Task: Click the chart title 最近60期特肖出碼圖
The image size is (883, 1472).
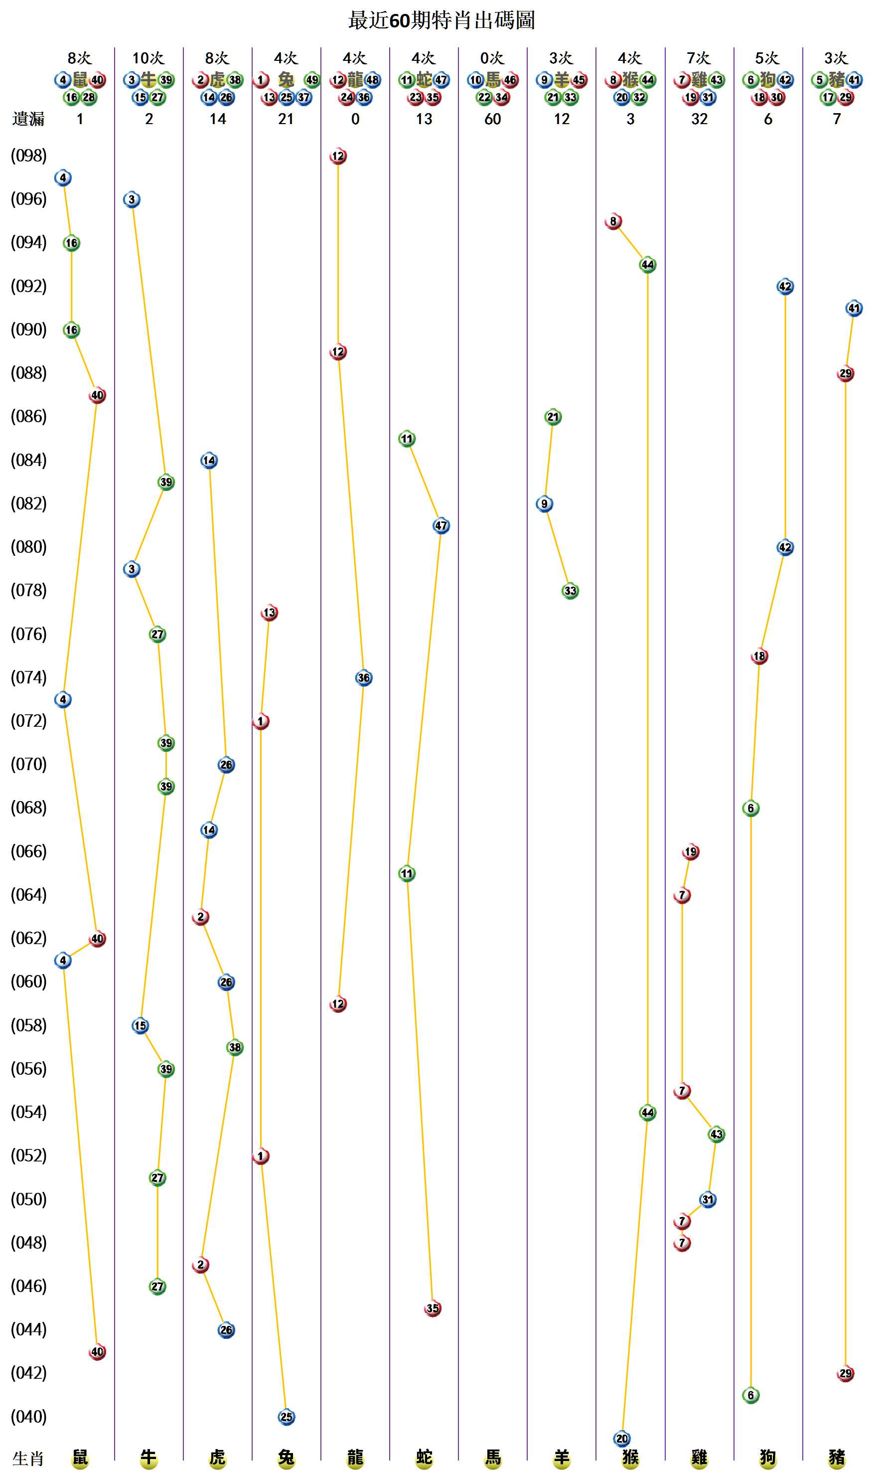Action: click(x=441, y=20)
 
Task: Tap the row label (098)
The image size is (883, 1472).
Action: click(x=28, y=156)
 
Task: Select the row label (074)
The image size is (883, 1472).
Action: click(x=28, y=677)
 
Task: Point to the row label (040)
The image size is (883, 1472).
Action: click(x=28, y=1416)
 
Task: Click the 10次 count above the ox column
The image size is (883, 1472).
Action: click(x=148, y=58)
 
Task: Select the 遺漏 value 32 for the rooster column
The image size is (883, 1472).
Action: click(x=699, y=119)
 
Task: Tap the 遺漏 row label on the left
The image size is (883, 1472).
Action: click(x=28, y=119)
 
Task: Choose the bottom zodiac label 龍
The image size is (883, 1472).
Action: click(x=355, y=1457)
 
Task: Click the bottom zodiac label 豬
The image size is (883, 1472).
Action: click(x=837, y=1457)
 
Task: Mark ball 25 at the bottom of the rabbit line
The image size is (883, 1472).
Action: click(x=286, y=1417)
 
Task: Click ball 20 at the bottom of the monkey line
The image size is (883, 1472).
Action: click(x=622, y=1439)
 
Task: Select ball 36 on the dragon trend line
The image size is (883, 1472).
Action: click(x=364, y=678)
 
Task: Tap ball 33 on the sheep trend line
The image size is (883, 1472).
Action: click(x=570, y=591)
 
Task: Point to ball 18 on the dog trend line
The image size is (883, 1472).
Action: click(x=759, y=656)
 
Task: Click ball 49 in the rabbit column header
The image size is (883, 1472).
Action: click(x=312, y=80)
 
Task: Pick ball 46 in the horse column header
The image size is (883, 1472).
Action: click(x=510, y=80)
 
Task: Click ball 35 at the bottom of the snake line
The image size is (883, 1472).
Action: click(x=433, y=1308)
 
